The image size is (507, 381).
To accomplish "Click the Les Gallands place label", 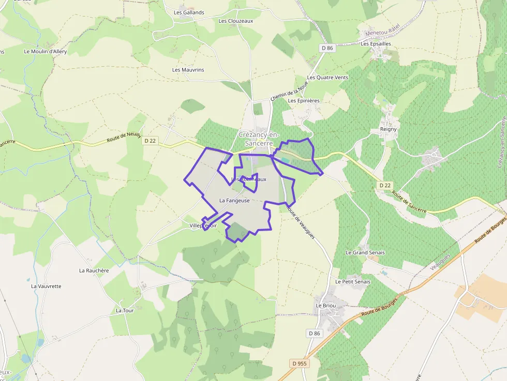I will pyautogui.click(x=189, y=12).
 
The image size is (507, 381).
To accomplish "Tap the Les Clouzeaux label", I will pyautogui.click(x=236, y=21).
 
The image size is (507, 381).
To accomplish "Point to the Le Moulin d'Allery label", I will pyautogui.click(x=46, y=52).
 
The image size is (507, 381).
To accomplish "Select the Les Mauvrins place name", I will pyautogui.click(x=188, y=70).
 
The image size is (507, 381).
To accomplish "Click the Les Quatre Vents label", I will pyautogui.click(x=327, y=78).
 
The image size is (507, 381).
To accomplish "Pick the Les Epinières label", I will pyautogui.click(x=304, y=101).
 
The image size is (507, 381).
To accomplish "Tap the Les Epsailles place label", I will pyautogui.click(x=376, y=44).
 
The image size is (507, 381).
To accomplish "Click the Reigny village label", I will pyautogui.click(x=388, y=129).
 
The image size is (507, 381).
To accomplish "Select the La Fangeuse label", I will pyautogui.click(x=234, y=200).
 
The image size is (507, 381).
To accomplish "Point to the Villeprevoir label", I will pyautogui.click(x=203, y=226).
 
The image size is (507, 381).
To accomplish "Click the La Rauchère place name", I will pyautogui.click(x=94, y=270).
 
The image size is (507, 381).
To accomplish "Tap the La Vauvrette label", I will pyautogui.click(x=46, y=286).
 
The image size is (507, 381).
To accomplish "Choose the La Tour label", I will pyautogui.click(x=125, y=311).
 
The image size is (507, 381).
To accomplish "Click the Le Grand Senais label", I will pyautogui.click(x=365, y=252).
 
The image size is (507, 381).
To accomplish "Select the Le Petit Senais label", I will pyautogui.click(x=353, y=282).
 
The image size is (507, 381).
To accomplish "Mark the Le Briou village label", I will pyautogui.click(x=326, y=306).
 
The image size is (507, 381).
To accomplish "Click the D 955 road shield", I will pyautogui.click(x=300, y=363).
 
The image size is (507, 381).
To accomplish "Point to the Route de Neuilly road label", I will pyautogui.click(x=124, y=138).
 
